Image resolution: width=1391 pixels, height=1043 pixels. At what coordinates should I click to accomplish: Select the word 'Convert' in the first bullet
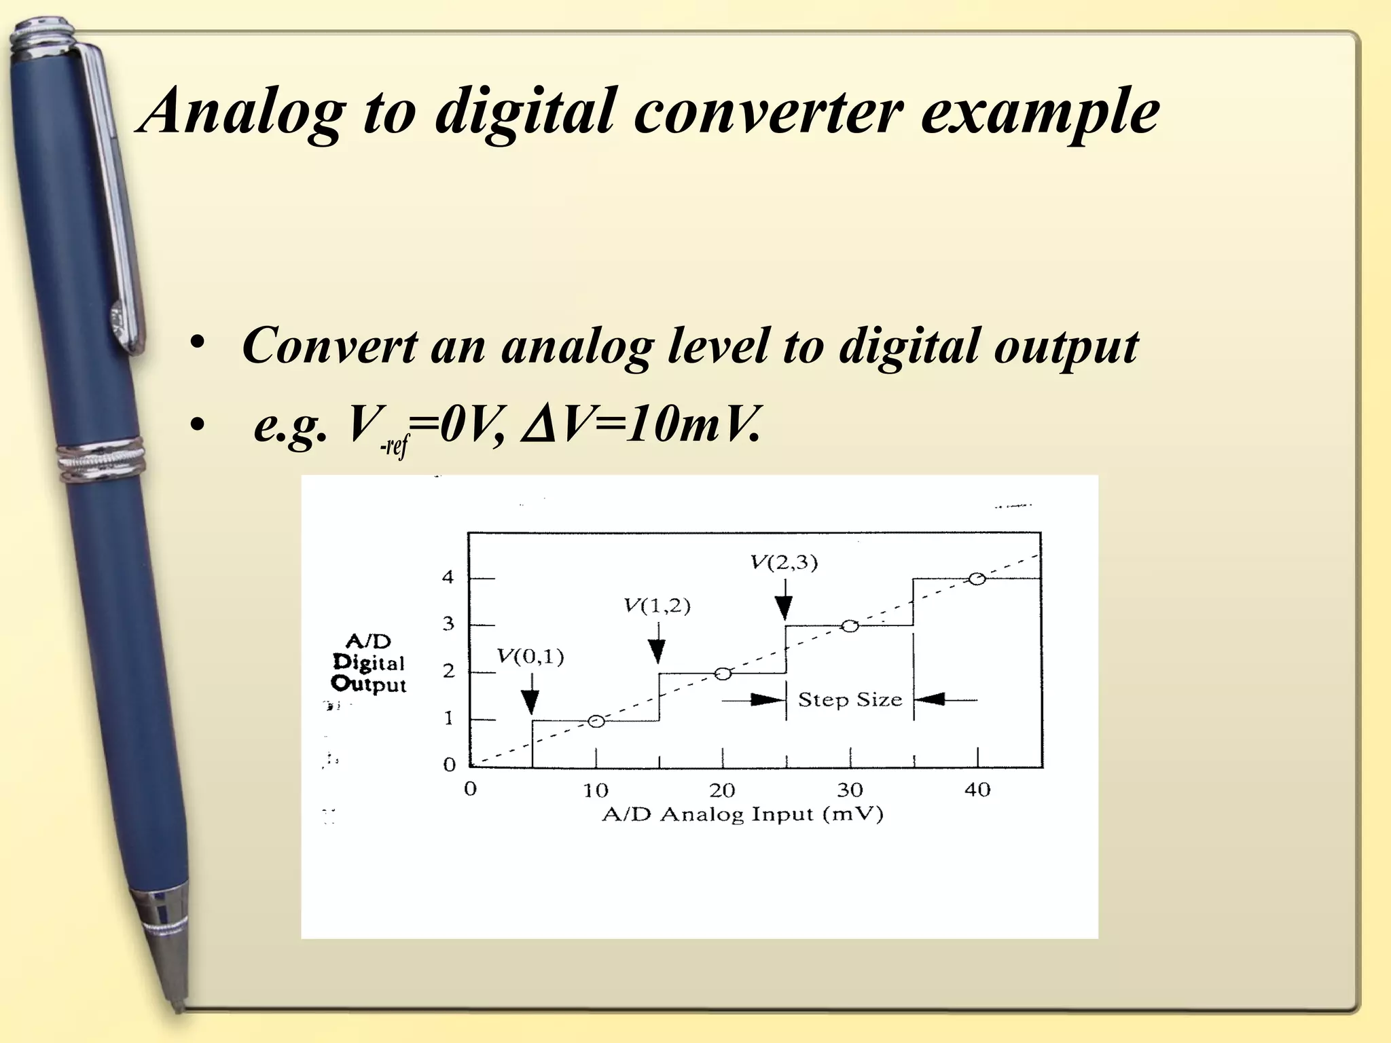pyautogui.click(x=329, y=346)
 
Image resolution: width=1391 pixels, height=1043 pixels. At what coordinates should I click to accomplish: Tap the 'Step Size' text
pyautogui.click(x=850, y=699)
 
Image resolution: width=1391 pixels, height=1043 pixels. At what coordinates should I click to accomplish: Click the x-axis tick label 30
pyautogui.click(x=850, y=790)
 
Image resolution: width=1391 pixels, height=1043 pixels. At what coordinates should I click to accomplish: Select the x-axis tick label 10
pyautogui.click(x=596, y=790)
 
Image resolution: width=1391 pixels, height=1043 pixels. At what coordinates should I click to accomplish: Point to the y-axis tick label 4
pyautogui.click(x=448, y=578)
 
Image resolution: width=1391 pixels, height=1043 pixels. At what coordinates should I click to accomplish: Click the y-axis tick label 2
pyautogui.click(x=448, y=672)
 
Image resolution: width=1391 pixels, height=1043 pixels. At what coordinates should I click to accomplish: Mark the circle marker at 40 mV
pyautogui.click(x=977, y=579)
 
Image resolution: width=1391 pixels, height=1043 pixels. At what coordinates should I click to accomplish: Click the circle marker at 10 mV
pyautogui.click(x=596, y=721)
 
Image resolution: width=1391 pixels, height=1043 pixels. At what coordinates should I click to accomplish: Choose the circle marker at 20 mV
pyautogui.click(x=723, y=674)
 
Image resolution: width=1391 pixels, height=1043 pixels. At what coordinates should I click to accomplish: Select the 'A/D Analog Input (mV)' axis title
pyautogui.click(x=742, y=814)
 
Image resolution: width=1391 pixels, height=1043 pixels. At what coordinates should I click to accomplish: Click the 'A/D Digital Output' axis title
pyautogui.click(x=368, y=663)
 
